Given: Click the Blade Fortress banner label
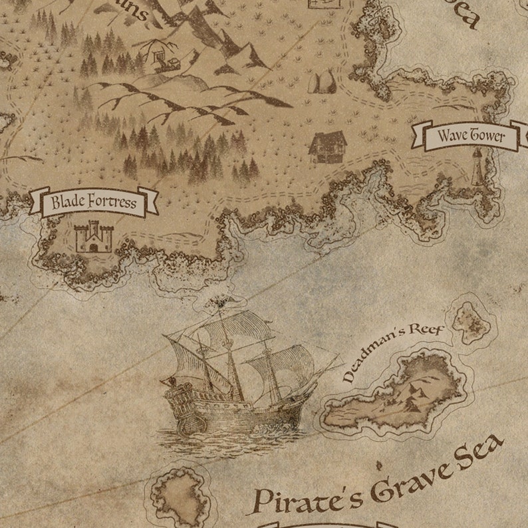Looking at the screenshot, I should click(x=94, y=202).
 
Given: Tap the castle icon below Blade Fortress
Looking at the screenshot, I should click(x=94, y=237).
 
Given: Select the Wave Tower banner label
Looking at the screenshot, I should click(x=471, y=136).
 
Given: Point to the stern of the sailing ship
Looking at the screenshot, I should click(x=178, y=406).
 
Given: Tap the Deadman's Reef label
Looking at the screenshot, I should click(x=392, y=352).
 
